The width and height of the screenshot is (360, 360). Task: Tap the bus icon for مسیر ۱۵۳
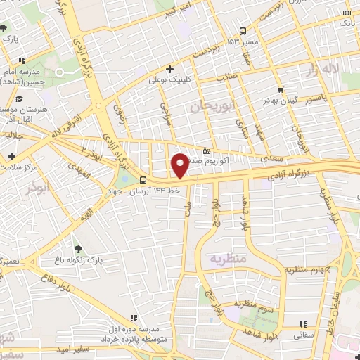[243, 31]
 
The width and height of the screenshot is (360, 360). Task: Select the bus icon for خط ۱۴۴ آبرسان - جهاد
[143, 180]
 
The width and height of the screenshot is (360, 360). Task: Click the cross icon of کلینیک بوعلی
[169, 69]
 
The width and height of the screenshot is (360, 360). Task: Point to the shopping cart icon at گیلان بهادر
[281, 89]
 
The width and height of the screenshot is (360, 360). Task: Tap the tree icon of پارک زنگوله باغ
[77, 249]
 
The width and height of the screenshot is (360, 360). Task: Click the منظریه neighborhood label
[229, 259]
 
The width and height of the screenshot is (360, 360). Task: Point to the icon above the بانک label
[346, 13]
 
